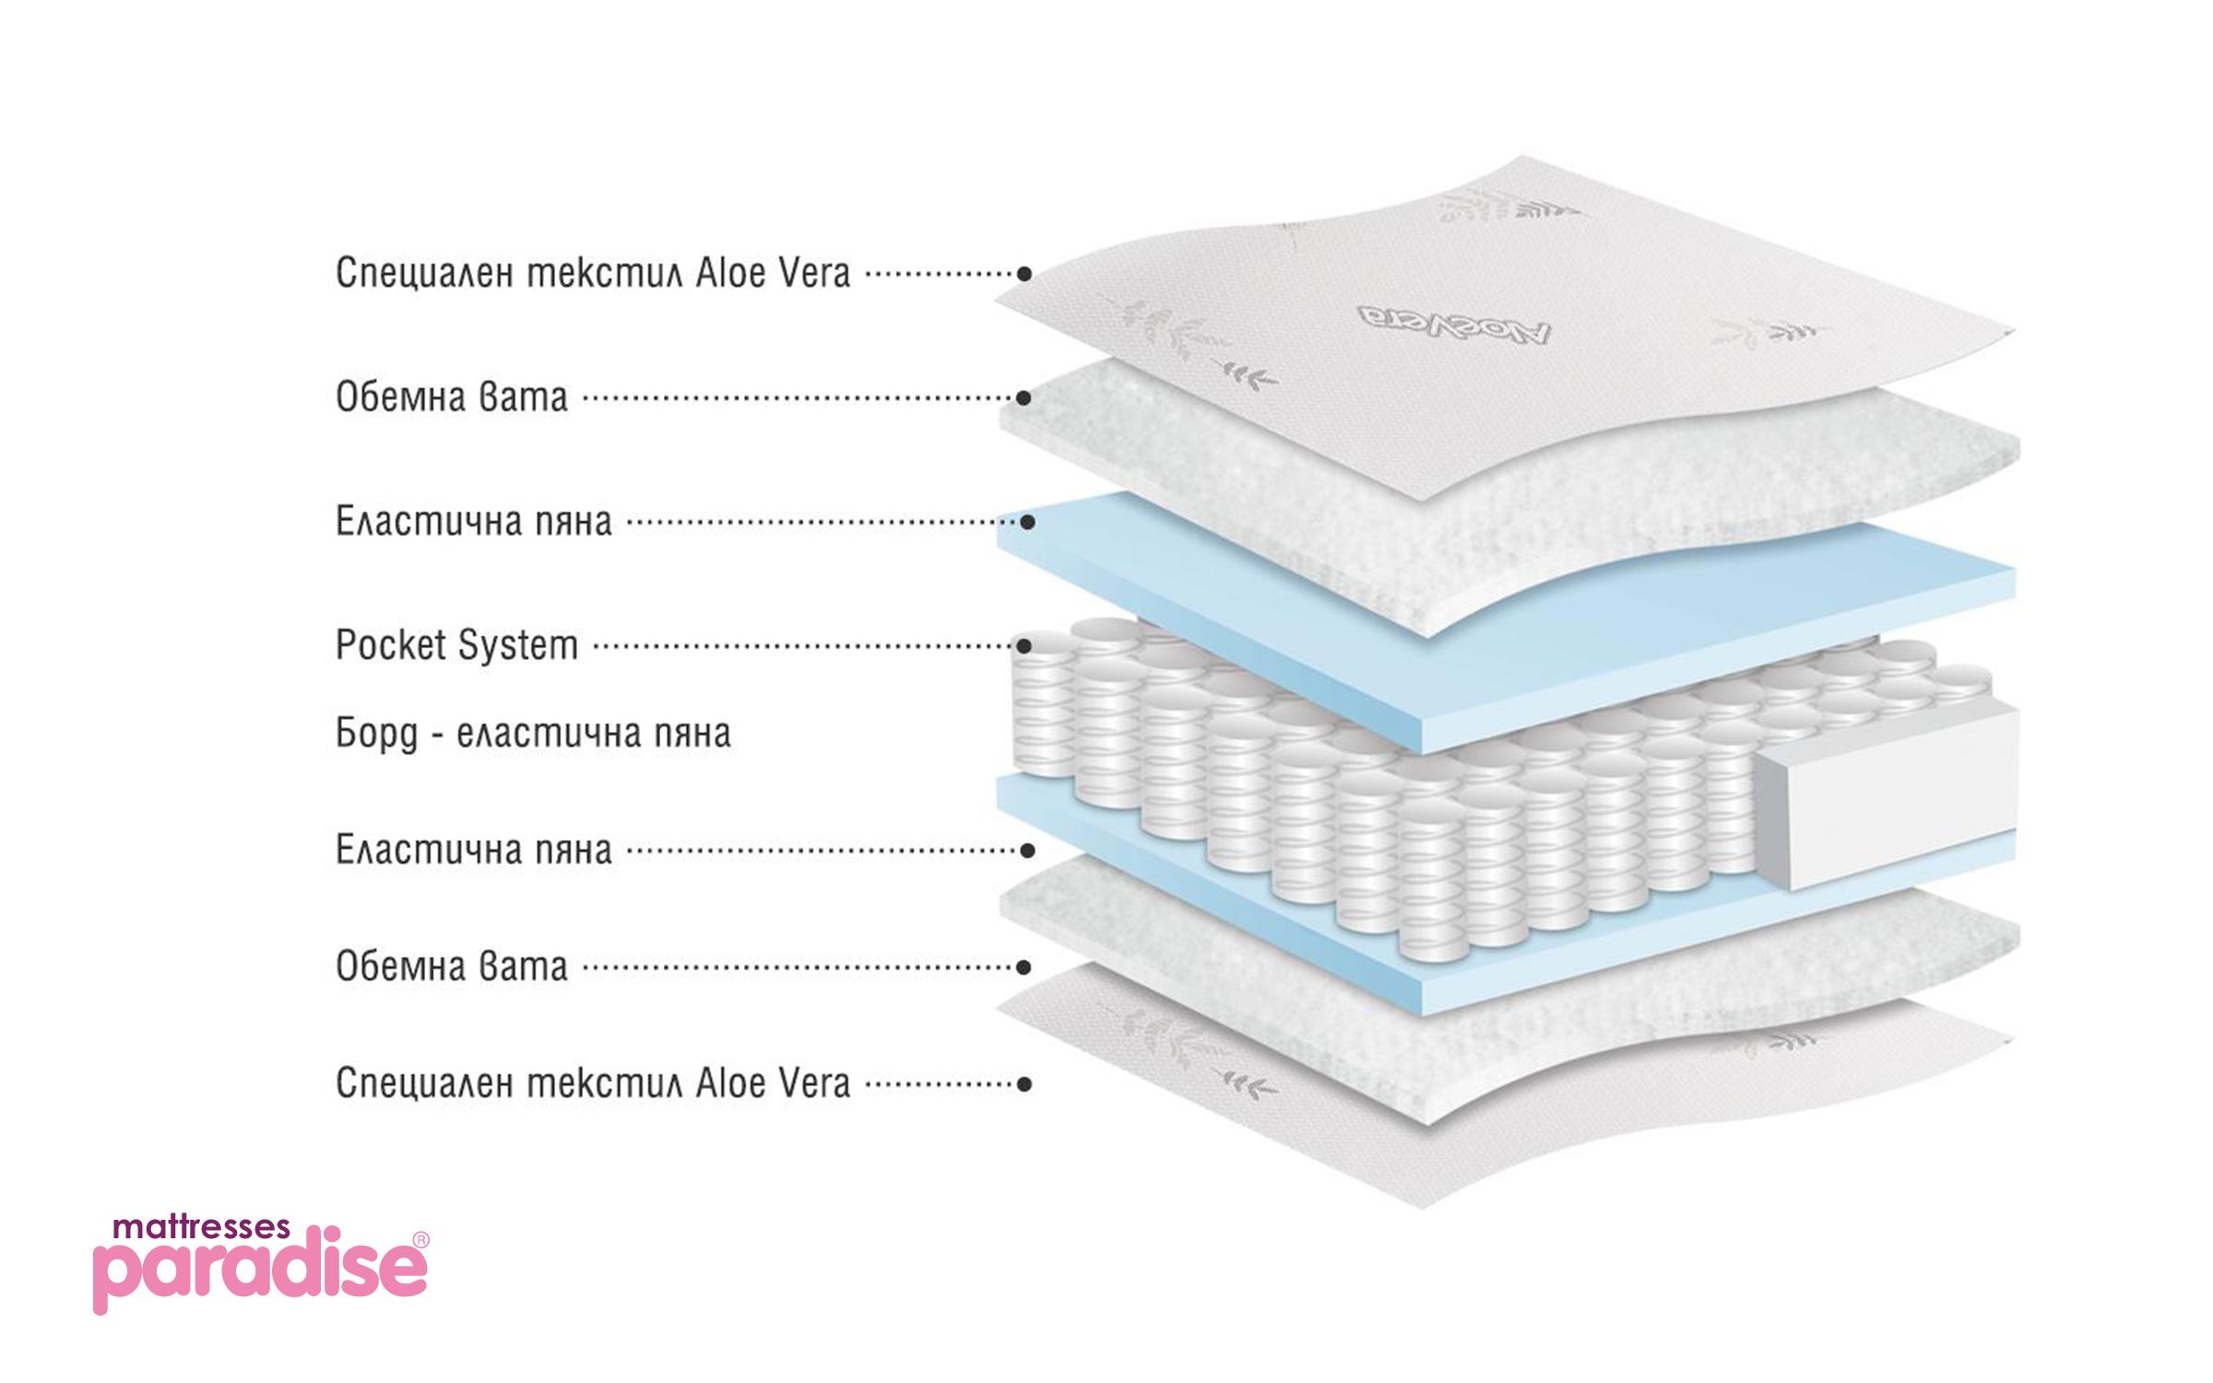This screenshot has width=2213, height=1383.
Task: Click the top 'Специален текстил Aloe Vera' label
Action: click(592, 274)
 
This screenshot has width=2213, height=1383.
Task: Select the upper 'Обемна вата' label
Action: click(452, 398)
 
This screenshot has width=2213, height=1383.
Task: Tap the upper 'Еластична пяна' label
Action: click(473, 522)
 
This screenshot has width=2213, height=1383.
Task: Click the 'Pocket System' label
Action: click(456, 645)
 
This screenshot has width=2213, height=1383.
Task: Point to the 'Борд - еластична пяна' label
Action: click(533, 734)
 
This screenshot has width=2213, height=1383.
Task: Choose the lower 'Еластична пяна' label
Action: click(473, 849)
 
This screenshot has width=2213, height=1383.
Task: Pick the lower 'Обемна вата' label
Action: click(452, 967)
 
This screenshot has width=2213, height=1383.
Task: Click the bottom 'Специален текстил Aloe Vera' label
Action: click(592, 1084)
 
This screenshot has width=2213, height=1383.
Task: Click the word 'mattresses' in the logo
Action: click(201, 1227)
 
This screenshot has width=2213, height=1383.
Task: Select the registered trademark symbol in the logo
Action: click(420, 1240)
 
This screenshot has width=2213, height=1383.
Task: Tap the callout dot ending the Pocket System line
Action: click(1024, 646)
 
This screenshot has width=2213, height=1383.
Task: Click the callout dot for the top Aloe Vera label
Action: click(1024, 274)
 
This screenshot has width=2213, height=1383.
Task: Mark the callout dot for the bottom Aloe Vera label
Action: click(1024, 1084)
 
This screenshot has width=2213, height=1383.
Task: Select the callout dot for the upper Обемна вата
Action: click(1024, 398)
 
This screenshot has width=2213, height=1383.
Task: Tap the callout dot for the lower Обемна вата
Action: click(1024, 967)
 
